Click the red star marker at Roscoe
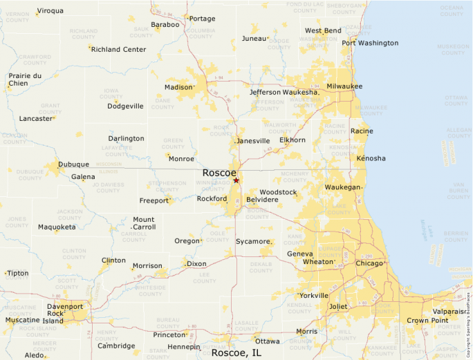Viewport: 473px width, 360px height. coord(236,180)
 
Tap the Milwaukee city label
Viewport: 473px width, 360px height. coord(344,86)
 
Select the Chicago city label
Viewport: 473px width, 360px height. coord(369,263)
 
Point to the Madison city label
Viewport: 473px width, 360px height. coord(178,87)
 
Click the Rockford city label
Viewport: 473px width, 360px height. coord(212,198)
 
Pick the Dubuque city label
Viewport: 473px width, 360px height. coord(73,164)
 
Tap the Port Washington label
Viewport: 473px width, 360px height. coord(370,43)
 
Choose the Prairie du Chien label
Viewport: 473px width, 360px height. coord(25,79)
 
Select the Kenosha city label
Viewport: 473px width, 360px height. coord(371,158)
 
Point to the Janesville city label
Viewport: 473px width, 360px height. coord(253,141)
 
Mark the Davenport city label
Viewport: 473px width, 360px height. coord(65,306)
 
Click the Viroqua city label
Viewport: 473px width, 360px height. coord(50,10)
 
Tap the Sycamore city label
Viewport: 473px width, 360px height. coord(253,241)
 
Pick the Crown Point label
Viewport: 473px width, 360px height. coord(427,321)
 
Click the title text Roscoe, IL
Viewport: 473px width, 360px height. coord(236,352)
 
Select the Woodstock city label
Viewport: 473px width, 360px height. coord(278,191)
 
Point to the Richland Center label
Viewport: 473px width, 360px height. coord(119,49)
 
